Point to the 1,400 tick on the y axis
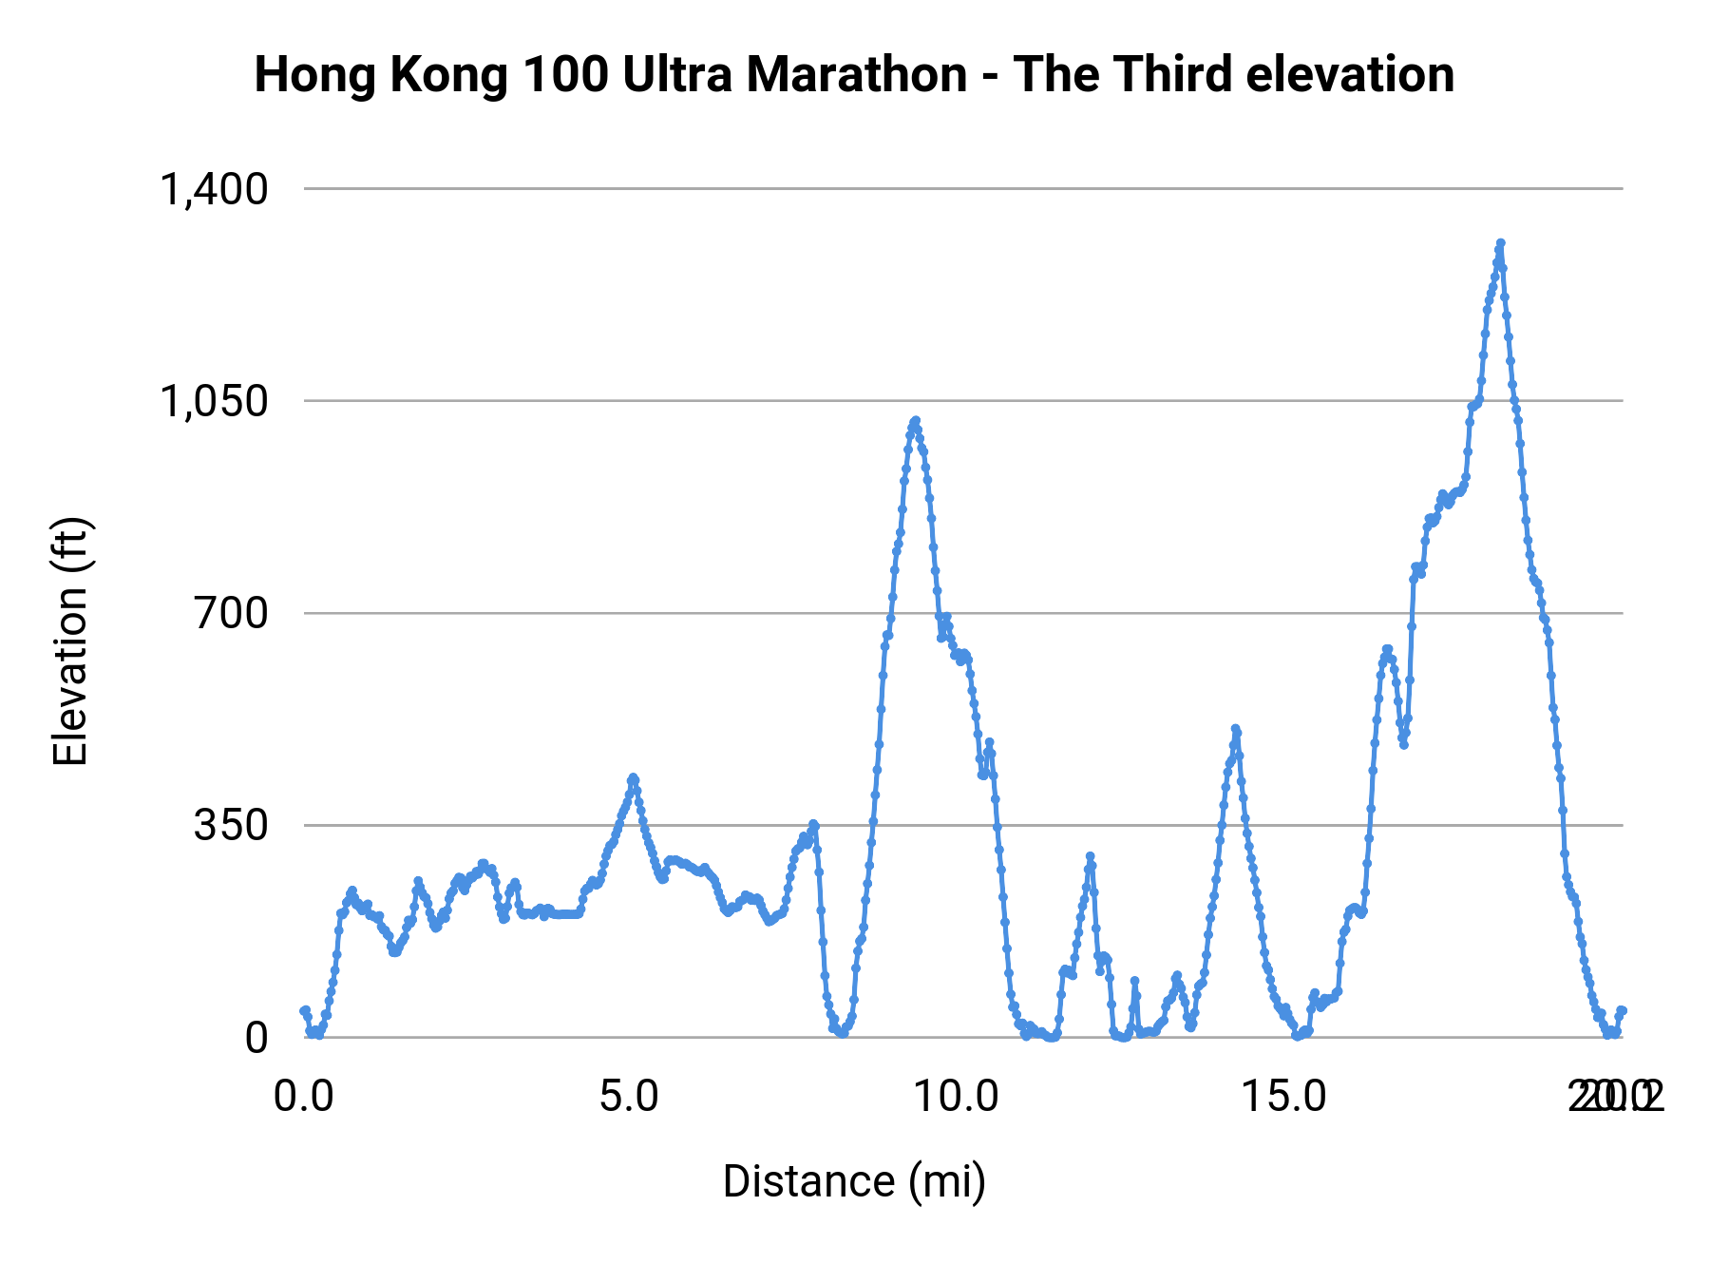point(215,189)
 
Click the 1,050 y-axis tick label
point(215,401)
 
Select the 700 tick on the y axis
point(232,613)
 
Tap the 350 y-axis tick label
point(232,825)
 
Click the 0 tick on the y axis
point(256,1038)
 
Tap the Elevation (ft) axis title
point(71,641)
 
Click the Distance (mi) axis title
point(854,1181)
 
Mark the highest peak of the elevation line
point(1500,243)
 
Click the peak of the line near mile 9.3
point(915,420)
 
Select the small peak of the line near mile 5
point(633,778)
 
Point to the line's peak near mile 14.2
point(1236,729)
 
